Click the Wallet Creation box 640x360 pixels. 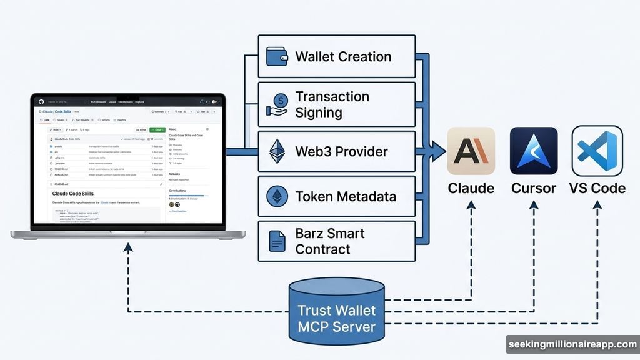[x=337, y=56]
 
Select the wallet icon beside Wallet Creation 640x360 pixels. [x=276, y=57]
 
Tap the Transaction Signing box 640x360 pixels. [x=337, y=104]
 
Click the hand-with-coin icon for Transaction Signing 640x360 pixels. [x=277, y=104]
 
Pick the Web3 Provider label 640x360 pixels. [x=341, y=151]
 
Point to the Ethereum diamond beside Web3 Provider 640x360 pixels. [x=276, y=151]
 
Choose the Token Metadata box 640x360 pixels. [x=337, y=196]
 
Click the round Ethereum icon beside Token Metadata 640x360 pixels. [x=276, y=196]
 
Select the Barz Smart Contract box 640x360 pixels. [x=337, y=241]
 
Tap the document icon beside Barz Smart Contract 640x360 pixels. [x=276, y=241]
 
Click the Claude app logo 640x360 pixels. [x=471, y=151]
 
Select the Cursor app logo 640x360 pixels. [x=534, y=151]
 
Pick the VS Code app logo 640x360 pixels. [x=597, y=151]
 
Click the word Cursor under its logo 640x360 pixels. [x=534, y=187]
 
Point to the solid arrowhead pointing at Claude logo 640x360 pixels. [x=439, y=151]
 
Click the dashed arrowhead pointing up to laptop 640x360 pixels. [x=127, y=248]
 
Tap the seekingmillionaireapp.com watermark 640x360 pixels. [x=571, y=345]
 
